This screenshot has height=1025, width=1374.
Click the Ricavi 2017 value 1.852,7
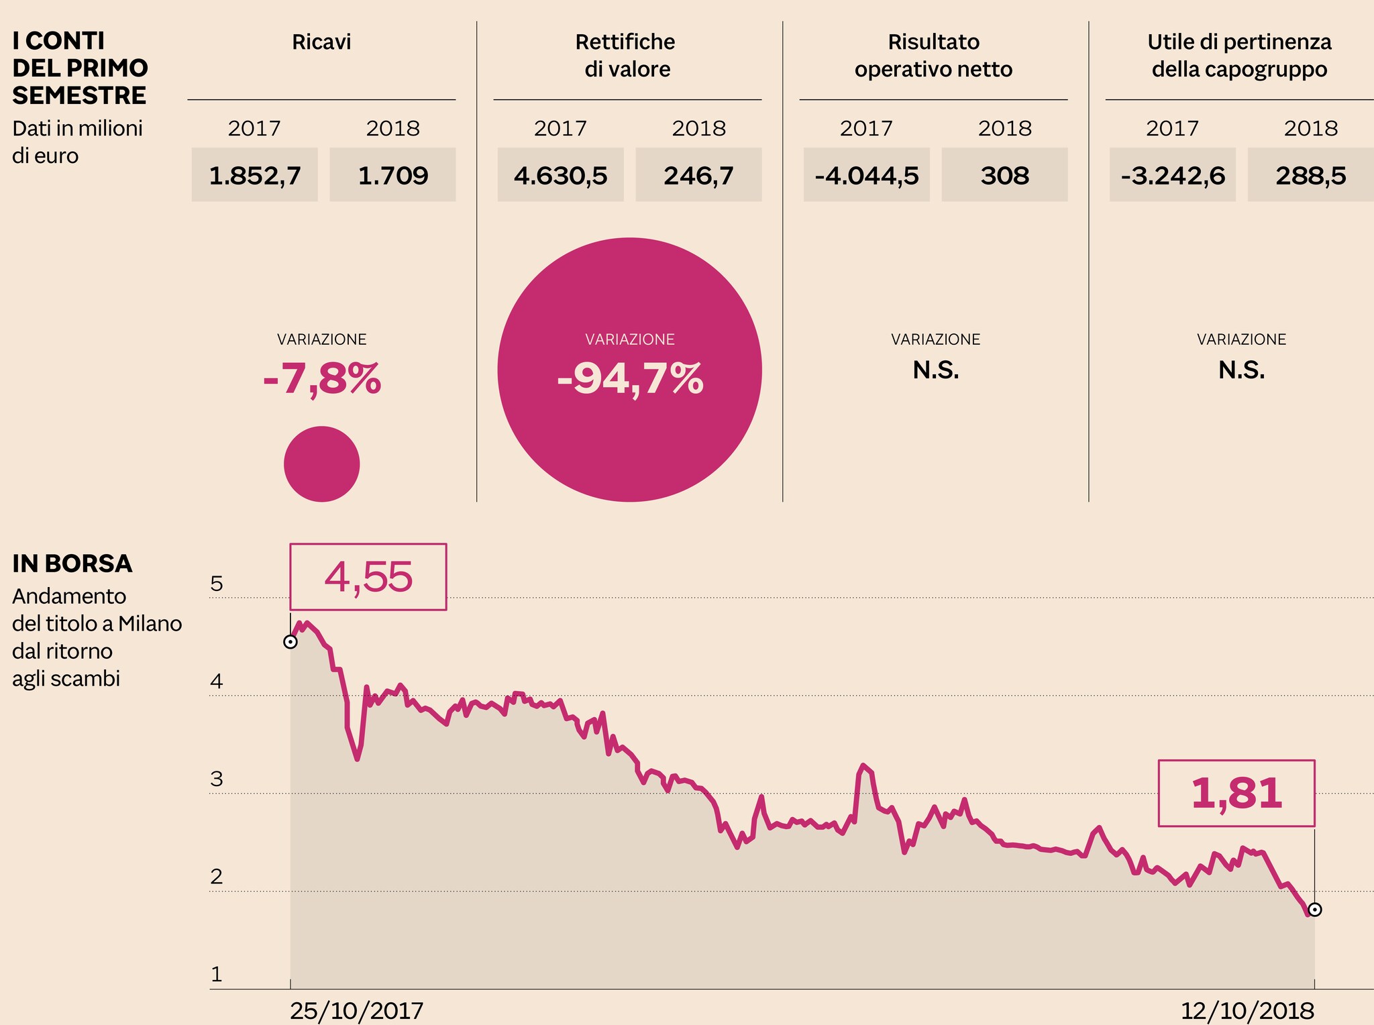coord(254,176)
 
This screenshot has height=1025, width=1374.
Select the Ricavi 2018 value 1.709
coord(392,176)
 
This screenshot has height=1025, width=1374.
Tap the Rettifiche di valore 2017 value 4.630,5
coord(560,176)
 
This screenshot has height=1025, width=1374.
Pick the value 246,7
coord(698,176)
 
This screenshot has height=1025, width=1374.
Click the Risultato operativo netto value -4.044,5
coord(866,176)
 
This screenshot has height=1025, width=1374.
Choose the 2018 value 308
coord(1004,176)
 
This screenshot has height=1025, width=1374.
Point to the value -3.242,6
coord(1172,176)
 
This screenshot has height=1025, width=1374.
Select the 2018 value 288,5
coord(1310,176)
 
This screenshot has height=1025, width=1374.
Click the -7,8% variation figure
coord(322,379)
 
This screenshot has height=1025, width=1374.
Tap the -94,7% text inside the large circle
coord(630,379)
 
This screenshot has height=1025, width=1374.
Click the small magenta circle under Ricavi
coord(322,464)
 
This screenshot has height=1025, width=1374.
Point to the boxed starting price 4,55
coord(368,577)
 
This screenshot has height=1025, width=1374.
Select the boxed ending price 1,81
coord(1236,793)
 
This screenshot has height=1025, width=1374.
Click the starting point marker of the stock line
coord(290,642)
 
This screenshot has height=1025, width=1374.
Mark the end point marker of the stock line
coord(1315,910)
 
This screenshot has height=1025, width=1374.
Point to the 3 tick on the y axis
coord(217,779)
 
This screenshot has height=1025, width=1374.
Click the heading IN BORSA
coord(72,564)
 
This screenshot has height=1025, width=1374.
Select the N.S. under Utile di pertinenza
coord(1241,370)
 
